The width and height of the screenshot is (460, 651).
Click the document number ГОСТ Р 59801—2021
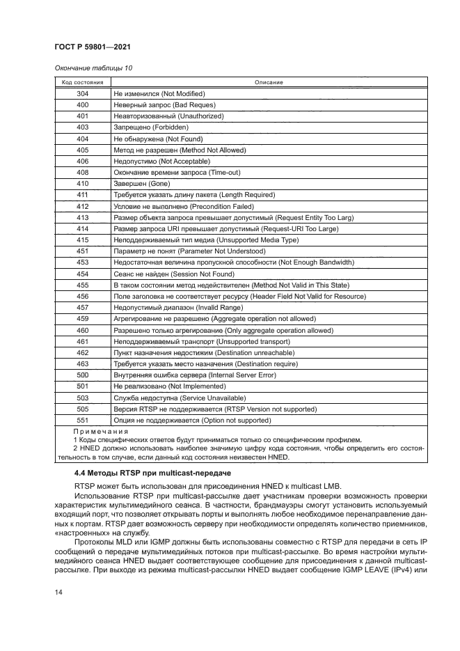[93, 47]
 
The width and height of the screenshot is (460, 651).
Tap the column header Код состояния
[82, 82]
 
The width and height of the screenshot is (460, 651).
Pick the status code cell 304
[82, 93]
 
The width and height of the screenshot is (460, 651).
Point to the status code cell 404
[82, 139]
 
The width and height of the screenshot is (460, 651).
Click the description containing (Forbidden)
[151, 127]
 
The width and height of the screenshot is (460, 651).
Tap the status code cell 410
[82, 184]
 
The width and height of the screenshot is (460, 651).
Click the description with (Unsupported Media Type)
[205, 240]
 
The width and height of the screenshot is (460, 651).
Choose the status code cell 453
[82, 262]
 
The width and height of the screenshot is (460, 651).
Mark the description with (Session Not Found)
[173, 274]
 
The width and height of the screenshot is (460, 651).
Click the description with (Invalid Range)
[171, 308]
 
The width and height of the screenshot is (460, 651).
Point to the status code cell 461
[82, 342]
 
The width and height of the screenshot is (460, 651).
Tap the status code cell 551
[82, 421]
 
